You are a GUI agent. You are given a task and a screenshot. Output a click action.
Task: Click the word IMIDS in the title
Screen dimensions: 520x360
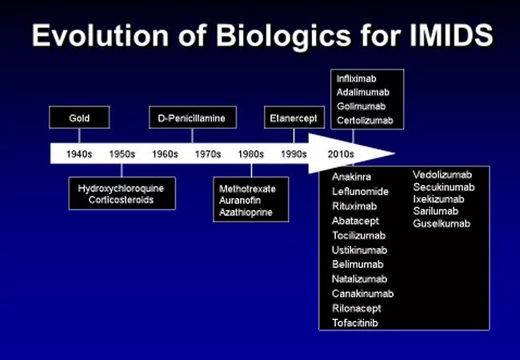(451, 35)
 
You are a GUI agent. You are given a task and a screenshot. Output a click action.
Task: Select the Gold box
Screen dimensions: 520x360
(79, 118)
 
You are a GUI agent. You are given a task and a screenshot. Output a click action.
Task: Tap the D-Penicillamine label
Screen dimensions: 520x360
(192, 118)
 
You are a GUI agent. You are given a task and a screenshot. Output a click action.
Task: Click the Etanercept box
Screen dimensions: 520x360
(294, 118)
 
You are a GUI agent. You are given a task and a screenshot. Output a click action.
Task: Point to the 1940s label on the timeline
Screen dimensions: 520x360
(79, 154)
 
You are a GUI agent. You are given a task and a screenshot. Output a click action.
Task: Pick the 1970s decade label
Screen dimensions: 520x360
(208, 154)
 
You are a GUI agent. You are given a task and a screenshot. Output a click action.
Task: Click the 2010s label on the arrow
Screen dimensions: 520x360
(341, 154)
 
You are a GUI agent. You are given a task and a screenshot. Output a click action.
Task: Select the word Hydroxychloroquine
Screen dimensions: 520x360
(121, 189)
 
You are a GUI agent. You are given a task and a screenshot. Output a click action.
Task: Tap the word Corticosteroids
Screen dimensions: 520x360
(121, 200)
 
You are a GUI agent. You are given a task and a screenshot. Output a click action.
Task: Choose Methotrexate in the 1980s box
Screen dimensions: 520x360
(247, 189)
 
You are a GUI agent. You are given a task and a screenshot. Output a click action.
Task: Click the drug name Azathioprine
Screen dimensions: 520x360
(246, 212)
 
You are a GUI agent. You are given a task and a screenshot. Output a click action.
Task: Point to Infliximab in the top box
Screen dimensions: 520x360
(357, 79)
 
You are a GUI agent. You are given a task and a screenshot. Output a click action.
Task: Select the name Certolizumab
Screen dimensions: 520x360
(365, 120)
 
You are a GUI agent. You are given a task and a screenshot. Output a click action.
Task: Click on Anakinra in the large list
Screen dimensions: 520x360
(351, 177)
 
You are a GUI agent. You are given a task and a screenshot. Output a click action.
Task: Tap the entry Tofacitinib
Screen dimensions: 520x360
(355, 323)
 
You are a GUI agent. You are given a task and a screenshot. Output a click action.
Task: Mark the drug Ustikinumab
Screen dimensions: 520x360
(359, 250)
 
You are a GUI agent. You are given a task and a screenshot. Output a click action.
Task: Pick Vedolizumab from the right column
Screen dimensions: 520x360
(442, 174)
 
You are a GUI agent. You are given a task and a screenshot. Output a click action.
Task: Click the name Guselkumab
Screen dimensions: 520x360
(442, 223)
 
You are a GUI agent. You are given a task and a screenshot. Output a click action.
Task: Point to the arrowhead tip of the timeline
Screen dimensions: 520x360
(394, 154)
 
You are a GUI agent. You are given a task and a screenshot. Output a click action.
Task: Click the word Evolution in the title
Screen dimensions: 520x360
(101, 35)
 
